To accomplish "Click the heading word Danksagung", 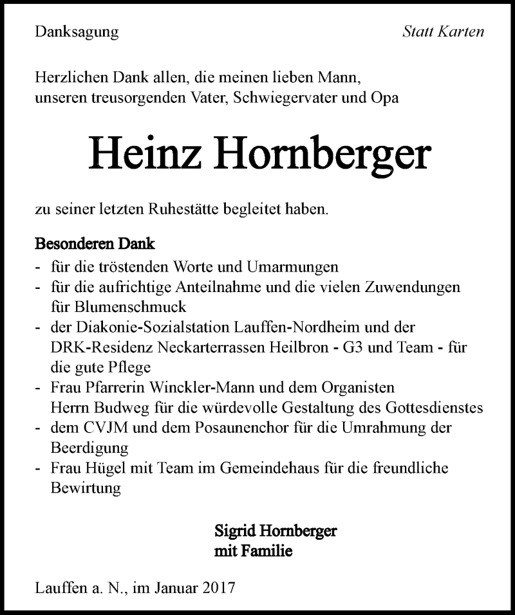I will [77, 32].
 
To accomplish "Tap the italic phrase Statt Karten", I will [442, 32].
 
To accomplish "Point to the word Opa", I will [384, 98].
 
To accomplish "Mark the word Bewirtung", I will [86, 488].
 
